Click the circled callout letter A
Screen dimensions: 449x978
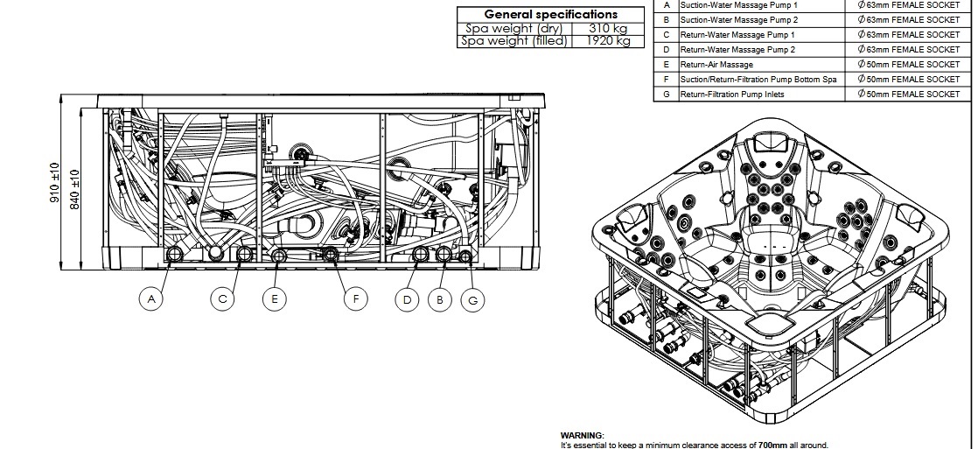[x=151, y=299]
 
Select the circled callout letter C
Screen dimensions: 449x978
[x=222, y=299]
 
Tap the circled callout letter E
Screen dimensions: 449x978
[x=275, y=299]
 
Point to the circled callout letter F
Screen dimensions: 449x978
[x=355, y=299]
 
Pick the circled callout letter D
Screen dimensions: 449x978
[x=407, y=299]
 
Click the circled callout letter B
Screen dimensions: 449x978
[x=440, y=299]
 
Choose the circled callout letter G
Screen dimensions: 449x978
[x=472, y=299]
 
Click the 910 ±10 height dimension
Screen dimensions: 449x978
[x=54, y=184]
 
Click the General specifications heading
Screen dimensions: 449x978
[x=550, y=14]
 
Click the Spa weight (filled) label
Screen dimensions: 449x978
[x=514, y=40]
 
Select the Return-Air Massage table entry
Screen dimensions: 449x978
[x=716, y=65]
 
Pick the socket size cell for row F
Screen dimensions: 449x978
[x=909, y=80]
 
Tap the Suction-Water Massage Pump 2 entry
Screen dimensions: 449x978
[x=739, y=20]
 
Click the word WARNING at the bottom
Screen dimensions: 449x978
[x=582, y=435]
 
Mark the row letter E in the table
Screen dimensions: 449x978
[x=667, y=65]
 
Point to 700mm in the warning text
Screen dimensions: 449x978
[x=773, y=445]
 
